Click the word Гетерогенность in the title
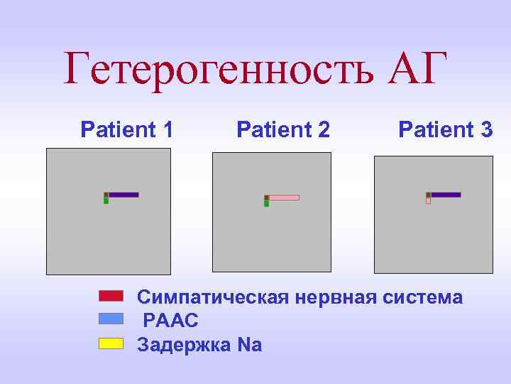[219, 68]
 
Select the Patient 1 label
[127, 129]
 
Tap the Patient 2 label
[283, 129]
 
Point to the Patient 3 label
[445, 129]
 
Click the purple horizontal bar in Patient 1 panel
[123, 194]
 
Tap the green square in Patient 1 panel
[106, 201]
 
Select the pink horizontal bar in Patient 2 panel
[284, 198]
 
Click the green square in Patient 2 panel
[266, 204]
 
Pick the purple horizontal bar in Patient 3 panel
[446, 194]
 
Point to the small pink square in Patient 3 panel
[428, 201]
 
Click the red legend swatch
[111, 296]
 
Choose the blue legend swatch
[111, 319]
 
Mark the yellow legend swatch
[111, 343]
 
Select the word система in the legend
[424, 297]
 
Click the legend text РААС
[170, 321]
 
